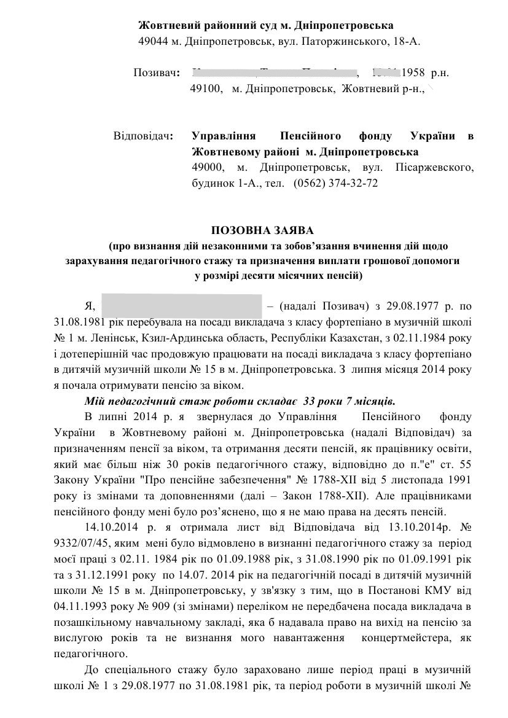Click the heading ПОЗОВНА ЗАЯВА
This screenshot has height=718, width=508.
262,231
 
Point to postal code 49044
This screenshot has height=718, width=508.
152,41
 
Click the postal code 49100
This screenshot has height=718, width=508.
205,89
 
